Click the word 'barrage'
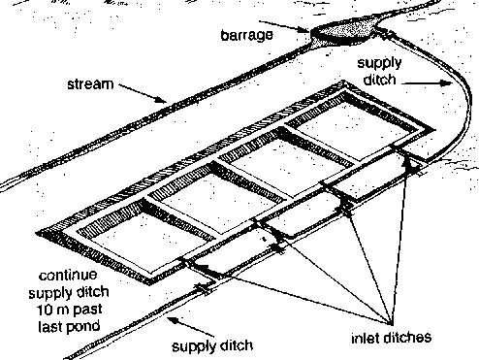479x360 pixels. (x=247, y=35)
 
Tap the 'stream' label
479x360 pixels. (x=90, y=84)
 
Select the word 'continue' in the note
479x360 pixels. (x=68, y=276)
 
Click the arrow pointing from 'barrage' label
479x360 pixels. (x=284, y=26)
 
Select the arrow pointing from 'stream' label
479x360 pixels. (x=143, y=93)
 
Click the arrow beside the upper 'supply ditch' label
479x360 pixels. (x=427, y=83)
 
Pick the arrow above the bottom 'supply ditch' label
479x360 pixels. (x=191, y=327)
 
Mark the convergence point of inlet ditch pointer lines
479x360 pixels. (x=392, y=323)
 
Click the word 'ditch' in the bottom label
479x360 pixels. (x=237, y=345)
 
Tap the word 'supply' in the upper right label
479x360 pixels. (x=379, y=64)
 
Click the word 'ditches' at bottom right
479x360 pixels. (x=407, y=338)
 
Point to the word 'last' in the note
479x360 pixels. (x=50, y=326)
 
